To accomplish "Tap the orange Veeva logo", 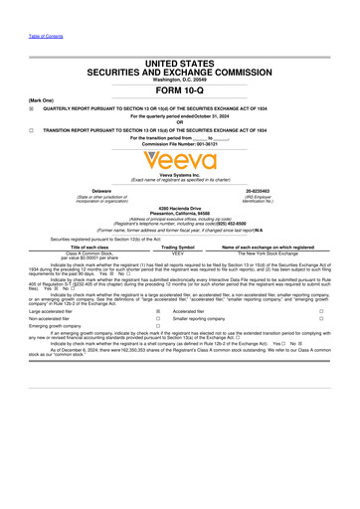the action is point(179,158).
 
